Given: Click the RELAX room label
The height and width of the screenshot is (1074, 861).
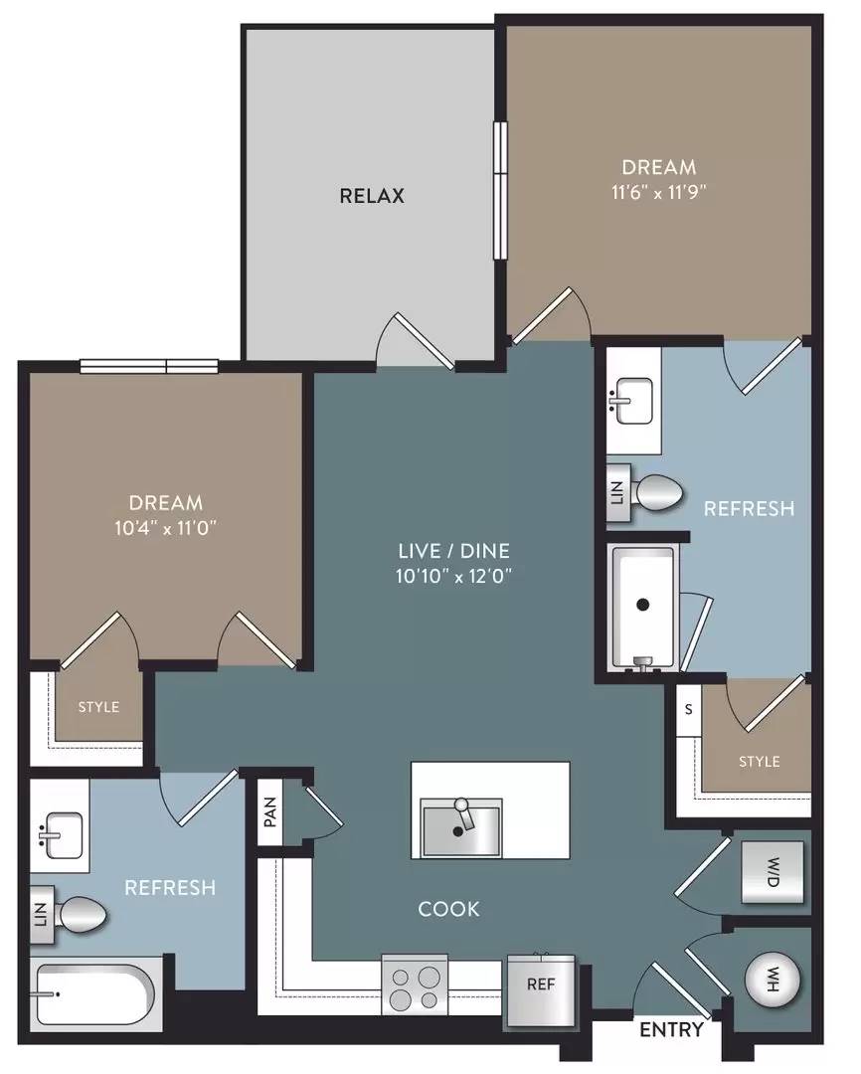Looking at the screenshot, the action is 372,196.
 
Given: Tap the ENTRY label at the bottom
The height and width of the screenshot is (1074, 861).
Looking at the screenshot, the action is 671,1029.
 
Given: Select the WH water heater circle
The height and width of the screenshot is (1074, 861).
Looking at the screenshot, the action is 773,982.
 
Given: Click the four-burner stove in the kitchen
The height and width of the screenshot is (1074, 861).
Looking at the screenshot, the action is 415,984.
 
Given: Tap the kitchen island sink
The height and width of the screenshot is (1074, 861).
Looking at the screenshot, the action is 461,826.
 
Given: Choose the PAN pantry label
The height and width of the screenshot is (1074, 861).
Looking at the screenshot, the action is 270,811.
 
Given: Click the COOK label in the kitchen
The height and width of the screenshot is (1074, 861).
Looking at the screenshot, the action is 448,909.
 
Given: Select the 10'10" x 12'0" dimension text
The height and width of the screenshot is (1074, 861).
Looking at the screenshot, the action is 454,576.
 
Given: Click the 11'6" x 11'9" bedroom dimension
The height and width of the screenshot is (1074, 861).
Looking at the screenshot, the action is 658,192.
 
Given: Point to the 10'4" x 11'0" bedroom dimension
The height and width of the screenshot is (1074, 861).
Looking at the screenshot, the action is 166,528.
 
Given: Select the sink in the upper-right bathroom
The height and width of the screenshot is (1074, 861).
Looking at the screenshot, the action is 633,401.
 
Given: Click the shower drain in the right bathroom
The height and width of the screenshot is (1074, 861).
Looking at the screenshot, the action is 642,605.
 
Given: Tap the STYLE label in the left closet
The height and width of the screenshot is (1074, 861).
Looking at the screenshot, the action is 98,707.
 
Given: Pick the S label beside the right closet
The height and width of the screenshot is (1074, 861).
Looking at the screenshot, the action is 688,710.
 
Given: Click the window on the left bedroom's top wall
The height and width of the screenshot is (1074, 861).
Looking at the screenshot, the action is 149,366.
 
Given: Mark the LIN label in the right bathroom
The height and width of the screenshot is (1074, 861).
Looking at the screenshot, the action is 616,492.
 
